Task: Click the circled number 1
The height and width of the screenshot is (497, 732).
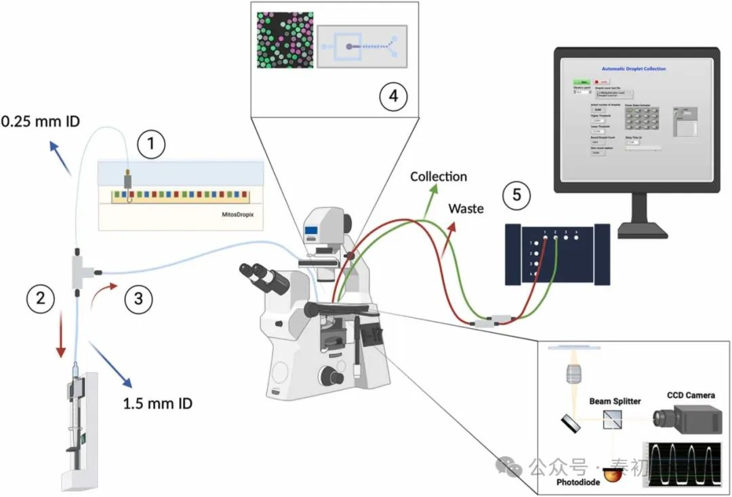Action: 151,144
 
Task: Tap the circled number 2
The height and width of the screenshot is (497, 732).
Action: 40,298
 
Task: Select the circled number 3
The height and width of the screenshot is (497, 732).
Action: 138,298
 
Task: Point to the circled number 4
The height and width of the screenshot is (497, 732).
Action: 392,97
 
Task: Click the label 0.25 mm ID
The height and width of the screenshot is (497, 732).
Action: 41,123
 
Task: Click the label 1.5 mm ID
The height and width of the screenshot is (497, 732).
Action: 157,404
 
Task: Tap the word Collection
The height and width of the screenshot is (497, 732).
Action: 439,177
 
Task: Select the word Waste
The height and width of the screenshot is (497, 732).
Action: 466,208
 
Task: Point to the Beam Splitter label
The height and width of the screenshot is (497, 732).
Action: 615,401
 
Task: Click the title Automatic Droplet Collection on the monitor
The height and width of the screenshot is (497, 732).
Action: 634,69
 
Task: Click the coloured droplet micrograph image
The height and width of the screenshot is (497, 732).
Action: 285,40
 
